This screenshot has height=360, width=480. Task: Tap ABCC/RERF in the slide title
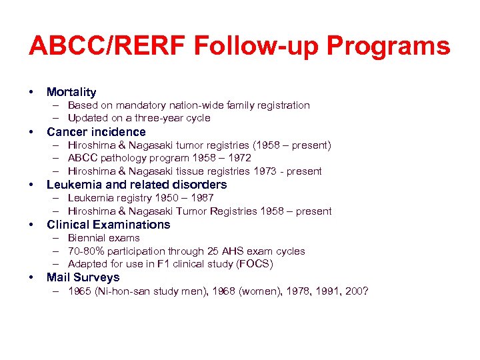107,47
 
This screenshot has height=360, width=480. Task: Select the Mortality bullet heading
71,92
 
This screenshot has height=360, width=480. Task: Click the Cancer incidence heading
96,132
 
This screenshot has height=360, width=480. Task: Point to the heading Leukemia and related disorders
137,185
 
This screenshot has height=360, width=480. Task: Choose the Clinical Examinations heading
109,225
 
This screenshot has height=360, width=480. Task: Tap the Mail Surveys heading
83,277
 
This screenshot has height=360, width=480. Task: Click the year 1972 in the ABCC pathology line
239,158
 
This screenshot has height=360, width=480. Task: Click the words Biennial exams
104,238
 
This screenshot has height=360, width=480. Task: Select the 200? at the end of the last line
357,291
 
